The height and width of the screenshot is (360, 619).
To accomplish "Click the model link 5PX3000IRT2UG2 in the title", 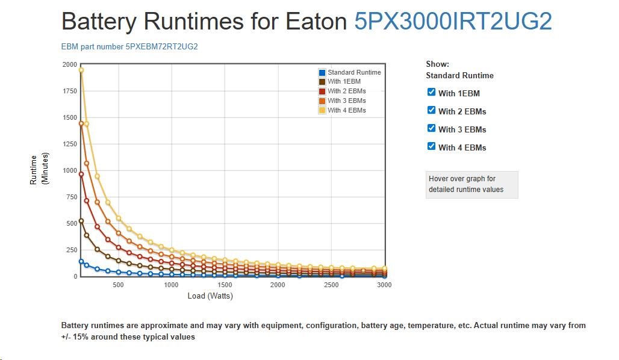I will (x=453, y=22).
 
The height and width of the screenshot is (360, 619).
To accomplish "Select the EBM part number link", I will (x=129, y=46).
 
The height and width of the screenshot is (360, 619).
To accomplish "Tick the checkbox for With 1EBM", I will (x=431, y=92).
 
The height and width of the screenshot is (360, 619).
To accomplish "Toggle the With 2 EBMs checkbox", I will (x=431, y=110).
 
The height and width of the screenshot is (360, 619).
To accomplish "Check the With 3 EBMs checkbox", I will (x=431, y=128).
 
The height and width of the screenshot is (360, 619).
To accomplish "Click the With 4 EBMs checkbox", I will (x=431, y=146).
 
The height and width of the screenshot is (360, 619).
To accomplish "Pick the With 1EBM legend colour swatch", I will (x=322, y=82).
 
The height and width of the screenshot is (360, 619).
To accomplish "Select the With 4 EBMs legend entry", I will (x=346, y=110).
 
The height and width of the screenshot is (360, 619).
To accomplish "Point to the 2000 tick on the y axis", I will (x=70, y=64).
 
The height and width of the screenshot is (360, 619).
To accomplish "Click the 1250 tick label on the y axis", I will (x=70, y=144).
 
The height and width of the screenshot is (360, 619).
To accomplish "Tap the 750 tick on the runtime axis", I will (x=72, y=197).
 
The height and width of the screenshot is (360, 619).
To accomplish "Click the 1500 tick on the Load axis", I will (x=224, y=285).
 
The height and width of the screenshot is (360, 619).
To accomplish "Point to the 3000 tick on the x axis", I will (x=384, y=285).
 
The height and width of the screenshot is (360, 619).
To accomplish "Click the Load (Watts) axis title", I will (x=210, y=296).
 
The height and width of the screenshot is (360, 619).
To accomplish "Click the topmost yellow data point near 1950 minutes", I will (x=81, y=70).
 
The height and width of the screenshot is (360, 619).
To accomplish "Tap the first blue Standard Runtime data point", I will (x=81, y=261).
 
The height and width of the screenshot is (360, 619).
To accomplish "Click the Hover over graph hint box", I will (x=471, y=184).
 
